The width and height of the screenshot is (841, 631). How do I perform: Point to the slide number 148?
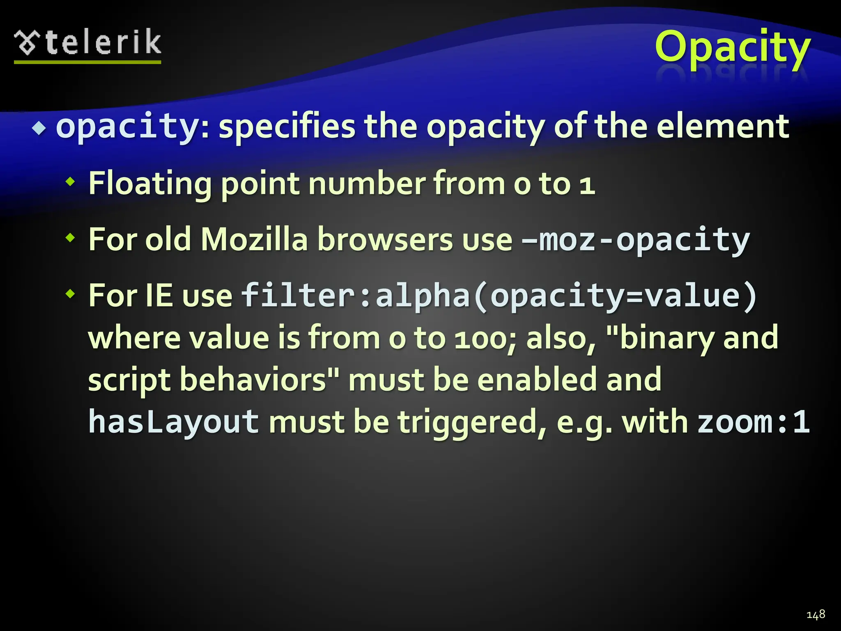click(x=816, y=615)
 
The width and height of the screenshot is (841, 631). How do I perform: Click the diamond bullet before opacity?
click(x=39, y=129)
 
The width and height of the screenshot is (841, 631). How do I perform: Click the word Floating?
click(x=150, y=183)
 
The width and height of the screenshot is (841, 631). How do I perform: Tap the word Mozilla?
click(x=254, y=239)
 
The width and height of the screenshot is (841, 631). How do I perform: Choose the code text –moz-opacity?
click(x=635, y=240)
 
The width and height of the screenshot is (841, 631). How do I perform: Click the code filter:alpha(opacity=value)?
click(x=499, y=295)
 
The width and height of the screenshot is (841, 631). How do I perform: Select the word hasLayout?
click(x=173, y=421)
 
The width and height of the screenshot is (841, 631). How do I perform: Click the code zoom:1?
click(x=754, y=421)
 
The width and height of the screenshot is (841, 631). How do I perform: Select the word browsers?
click(x=385, y=239)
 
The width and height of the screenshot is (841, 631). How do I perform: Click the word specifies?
click(x=287, y=126)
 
